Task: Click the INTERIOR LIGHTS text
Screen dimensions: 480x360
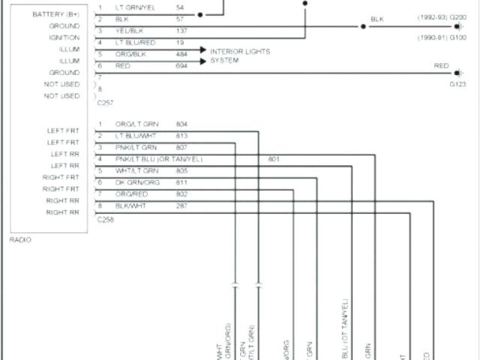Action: (x=240, y=51)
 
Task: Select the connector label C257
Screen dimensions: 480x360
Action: (x=105, y=101)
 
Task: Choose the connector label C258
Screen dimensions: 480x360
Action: (x=105, y=221)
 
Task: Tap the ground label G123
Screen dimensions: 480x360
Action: (x=457, y=85)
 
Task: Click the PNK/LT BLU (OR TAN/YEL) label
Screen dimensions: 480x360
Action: (x=158, y=159)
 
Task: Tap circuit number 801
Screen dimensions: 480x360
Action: (x=273, y=159)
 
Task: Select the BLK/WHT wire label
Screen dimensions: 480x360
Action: (x=130, y=205)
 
